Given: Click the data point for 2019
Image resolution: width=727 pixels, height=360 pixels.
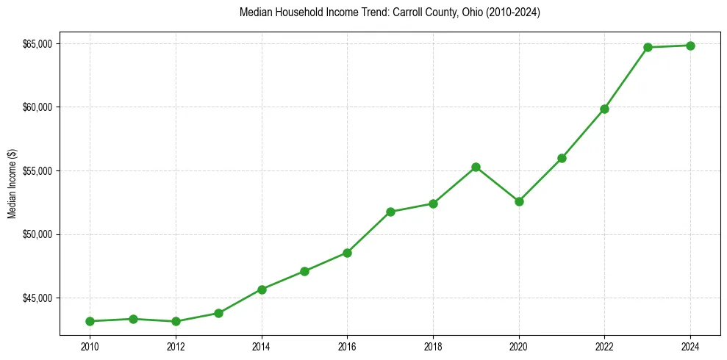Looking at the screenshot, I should [x=476, y=168].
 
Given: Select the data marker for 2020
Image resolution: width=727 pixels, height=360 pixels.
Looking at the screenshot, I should [x=519, y=201].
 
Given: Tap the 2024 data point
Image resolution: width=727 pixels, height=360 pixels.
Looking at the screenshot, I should [x=691, y=46].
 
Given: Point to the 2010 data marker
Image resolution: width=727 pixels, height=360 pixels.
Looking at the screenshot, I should [x=90, y=321].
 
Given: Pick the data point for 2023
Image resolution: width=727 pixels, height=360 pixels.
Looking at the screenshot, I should [x=648, y=48].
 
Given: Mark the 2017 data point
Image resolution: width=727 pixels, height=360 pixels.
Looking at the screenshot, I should [x=390, y=212].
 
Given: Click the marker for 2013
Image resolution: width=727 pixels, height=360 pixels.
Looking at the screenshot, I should [x=218, y=313].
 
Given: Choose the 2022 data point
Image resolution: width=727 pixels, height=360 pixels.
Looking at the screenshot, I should [x=604, y=109].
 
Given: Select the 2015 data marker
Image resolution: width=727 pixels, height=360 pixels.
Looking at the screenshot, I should [x=304, y=271].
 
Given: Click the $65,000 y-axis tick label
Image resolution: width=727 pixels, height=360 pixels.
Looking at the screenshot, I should [x=37, y=44].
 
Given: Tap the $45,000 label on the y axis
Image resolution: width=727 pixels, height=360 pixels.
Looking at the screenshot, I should [x=37, y=298].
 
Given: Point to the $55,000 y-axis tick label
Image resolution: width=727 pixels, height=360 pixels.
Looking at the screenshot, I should [x=37, y=171].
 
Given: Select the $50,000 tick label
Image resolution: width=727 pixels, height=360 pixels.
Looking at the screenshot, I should [x=37, y=234].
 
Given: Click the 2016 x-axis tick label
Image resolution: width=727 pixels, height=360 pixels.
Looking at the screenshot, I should [x=347, y=345].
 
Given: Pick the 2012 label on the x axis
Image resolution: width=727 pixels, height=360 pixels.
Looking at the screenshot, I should [x=176, y=345].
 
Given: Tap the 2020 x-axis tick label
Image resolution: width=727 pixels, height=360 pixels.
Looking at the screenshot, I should [x=519, y=345].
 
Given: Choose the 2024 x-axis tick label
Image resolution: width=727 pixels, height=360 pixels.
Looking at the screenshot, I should [x=691, y=345].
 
